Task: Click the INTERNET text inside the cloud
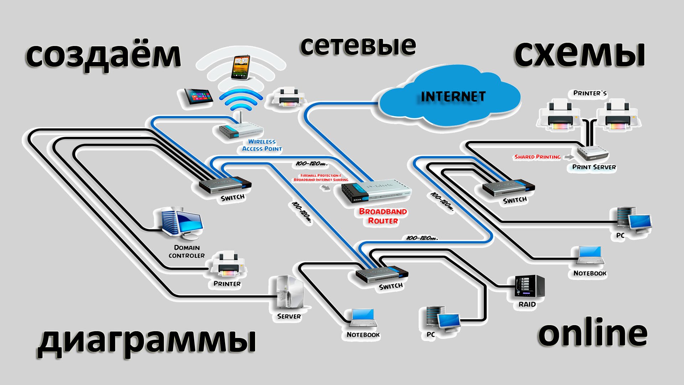click(453, 97)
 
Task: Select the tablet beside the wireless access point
click(196, 97)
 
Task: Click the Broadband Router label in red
click(383, 216)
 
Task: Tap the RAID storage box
click(529, 287)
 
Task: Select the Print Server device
click(592, 153)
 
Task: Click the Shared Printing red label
click(537, 157)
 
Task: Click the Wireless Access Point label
click(262, 145)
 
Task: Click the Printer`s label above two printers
click(590, 93)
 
